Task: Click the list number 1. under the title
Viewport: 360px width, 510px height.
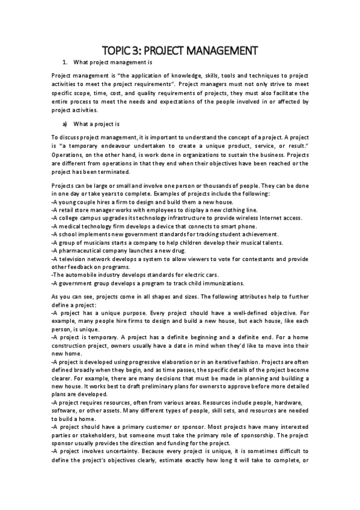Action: point(65,62)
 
